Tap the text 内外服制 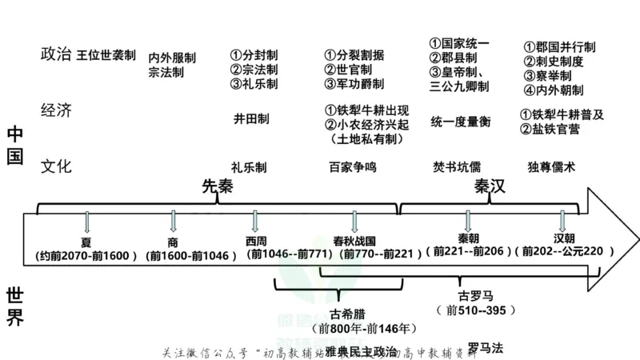pos(172,58)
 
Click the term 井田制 pos(251,118)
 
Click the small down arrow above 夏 pos(87,222)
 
